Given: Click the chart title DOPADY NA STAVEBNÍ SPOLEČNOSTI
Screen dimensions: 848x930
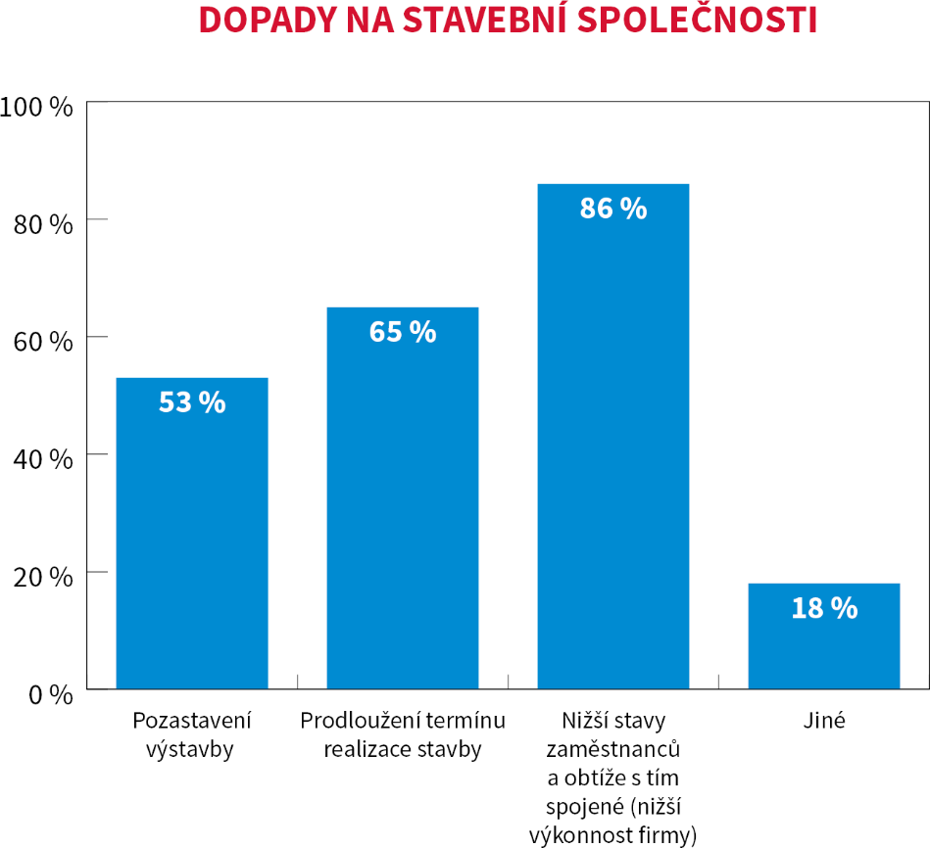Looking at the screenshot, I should [508, 21].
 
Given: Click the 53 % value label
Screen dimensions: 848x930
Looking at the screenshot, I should [192, 402].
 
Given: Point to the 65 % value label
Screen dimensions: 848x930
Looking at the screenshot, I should [403, 332].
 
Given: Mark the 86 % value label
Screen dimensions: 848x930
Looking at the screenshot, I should [613, 209].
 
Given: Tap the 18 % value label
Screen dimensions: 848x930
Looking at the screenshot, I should [824, 608].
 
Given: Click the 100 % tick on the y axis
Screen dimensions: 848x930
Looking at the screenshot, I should [36, 107].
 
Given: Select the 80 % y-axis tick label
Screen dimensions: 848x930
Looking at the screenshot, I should [42, 224].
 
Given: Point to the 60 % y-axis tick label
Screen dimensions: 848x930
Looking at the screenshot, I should [42, 342].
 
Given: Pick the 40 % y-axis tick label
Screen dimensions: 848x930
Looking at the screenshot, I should [42, 459].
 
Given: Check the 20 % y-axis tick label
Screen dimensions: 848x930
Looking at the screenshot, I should [42, 577].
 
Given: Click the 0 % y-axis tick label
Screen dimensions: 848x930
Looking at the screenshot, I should [48, 694].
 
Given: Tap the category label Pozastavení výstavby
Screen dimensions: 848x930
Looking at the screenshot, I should [192, 735].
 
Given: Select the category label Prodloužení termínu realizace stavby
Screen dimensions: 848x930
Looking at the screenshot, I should [403, 735].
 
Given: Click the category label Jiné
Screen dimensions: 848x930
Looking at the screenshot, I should [823, 722].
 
